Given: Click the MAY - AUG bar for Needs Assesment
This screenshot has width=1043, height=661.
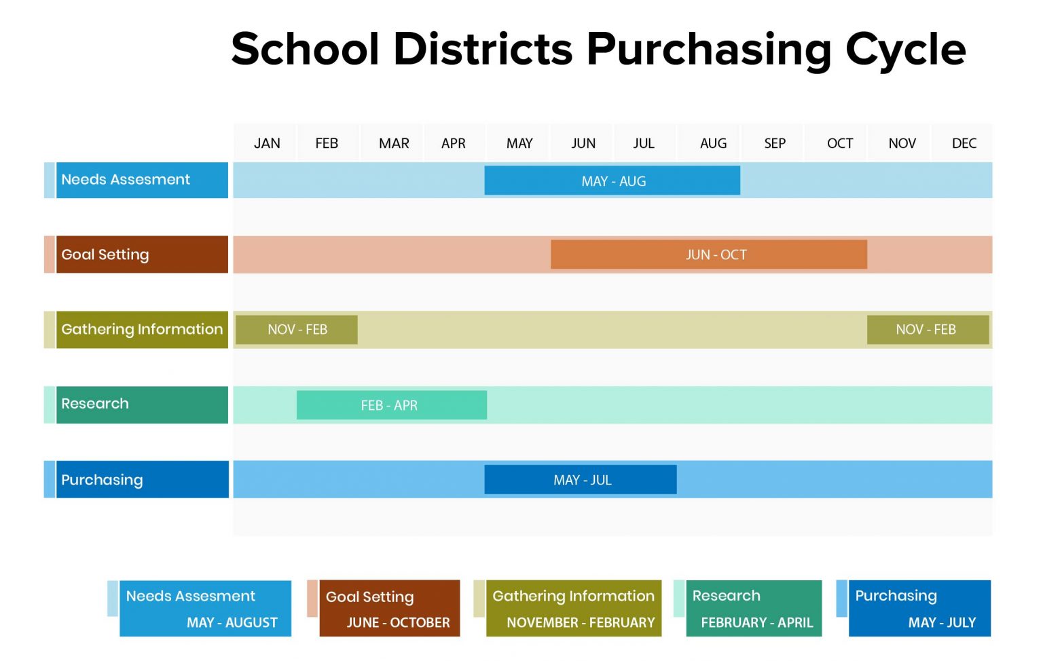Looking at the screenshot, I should (612, 181).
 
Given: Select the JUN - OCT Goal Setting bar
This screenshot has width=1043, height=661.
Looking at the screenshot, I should (708, 254).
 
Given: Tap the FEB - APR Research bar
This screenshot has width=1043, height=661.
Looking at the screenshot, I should (391, 405).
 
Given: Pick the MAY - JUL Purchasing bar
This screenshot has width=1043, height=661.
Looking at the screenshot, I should (580, 480).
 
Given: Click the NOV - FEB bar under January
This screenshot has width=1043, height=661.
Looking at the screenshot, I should (297, 330).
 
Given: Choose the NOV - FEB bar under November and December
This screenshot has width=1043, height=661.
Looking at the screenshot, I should (927, 330).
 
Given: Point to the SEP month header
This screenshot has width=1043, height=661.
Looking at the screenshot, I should (774, 143).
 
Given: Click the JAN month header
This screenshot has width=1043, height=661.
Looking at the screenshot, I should (267, 143).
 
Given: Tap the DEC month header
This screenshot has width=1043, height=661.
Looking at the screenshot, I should (964, 143).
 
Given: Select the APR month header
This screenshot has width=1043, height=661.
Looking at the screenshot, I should (453, 143).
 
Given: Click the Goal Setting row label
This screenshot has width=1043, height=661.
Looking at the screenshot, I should (141, 254).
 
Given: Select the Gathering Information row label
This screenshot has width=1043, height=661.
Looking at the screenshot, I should (141, 330).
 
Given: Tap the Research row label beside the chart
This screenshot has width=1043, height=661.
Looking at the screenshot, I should (141, 404).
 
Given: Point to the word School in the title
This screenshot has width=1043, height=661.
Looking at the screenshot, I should (305, 49).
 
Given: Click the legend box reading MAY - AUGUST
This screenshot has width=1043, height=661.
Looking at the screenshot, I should (205, 608).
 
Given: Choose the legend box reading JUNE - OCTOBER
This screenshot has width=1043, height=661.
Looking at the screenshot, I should (389, 608).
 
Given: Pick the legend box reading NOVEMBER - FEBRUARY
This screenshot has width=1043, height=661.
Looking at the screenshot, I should (573, 608).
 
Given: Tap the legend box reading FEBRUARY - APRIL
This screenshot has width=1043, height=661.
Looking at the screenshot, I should (754, 608).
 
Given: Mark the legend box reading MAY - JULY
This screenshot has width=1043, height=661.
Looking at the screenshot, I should (919, 608).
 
